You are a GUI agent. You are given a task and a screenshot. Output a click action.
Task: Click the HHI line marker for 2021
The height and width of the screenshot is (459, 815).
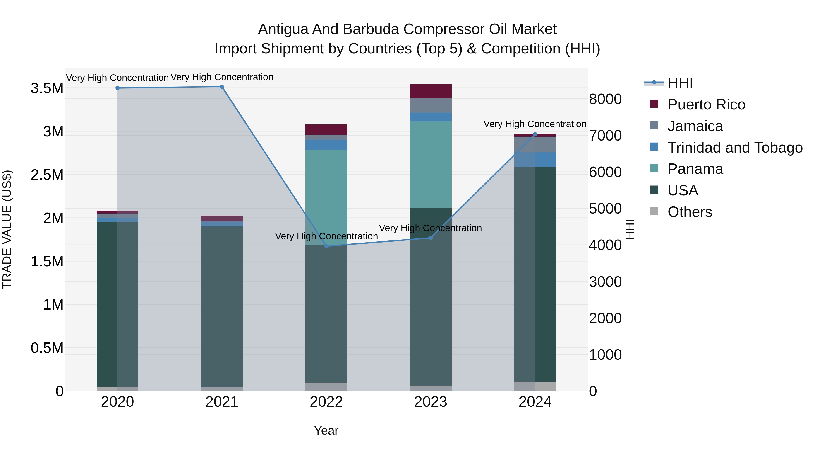pos(222,87)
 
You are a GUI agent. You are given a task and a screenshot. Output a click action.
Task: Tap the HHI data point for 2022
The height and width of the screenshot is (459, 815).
pos(326,246)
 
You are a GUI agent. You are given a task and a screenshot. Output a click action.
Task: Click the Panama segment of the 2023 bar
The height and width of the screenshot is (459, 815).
pos(431,165)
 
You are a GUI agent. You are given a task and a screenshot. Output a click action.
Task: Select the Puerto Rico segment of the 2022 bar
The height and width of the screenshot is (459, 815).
pos(326,130)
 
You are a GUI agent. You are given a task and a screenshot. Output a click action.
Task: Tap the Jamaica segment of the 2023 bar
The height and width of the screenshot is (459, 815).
pos(431,105)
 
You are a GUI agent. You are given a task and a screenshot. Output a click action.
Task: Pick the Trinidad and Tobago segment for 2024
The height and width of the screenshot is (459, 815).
pos(535,160)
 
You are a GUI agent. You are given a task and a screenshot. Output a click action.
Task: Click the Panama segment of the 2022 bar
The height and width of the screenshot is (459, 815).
pos(326,197)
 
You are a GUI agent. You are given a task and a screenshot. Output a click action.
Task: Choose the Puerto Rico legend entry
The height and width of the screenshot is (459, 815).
pos(706,104)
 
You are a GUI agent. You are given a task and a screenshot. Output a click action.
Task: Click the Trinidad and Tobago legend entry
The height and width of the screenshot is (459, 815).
pos(735,148)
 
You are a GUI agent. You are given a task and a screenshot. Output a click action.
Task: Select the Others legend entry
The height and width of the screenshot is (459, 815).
pos(690,212)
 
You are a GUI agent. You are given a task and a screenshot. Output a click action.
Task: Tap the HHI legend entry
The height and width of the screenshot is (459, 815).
pos(680,83)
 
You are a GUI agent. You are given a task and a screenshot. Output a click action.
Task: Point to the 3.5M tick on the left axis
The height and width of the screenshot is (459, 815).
pos(47,88)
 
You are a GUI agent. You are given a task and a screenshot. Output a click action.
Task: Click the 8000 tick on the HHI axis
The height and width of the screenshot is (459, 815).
pos(605,99)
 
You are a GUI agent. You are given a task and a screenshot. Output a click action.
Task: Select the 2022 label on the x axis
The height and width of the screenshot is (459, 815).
pos(326,402)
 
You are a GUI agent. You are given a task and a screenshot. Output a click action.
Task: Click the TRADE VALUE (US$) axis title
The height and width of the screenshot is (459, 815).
pos(7,229)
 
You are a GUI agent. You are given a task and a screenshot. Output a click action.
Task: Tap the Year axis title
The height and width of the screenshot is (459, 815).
pos(326,430)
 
